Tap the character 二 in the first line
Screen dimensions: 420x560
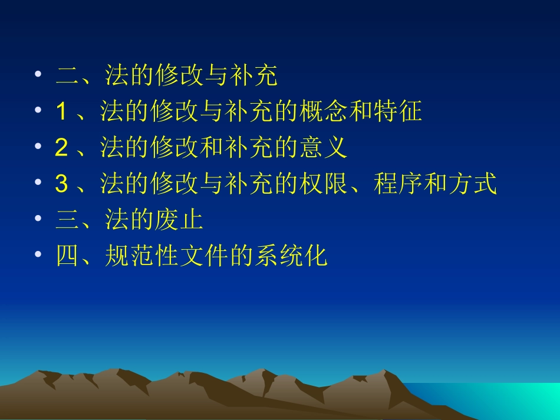(67, 76)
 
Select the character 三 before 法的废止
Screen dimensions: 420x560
(67, 221)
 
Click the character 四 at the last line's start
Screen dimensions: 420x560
(67, 257)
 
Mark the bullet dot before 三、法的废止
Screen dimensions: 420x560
(38, 221)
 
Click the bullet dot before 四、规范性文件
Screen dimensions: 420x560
(38, 257)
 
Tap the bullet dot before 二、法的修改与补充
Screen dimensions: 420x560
(38, 76)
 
